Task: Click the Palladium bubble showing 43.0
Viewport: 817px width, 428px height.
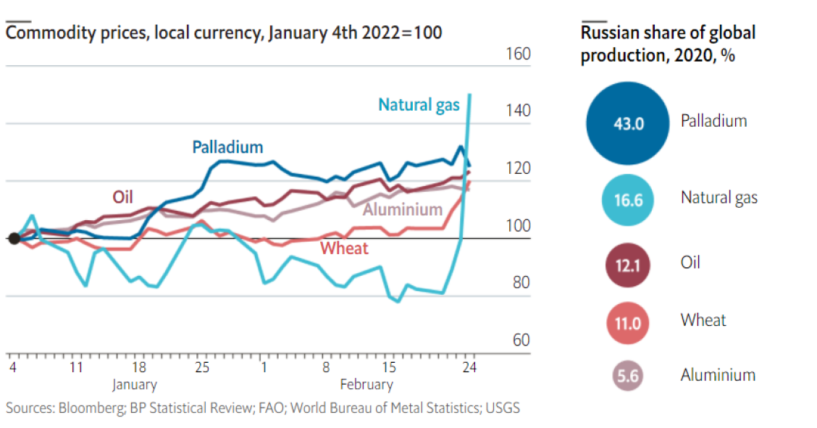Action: click(628, 122)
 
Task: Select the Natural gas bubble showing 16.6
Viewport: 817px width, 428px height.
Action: click(628, 198)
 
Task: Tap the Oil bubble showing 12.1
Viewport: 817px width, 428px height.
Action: click(628, 264)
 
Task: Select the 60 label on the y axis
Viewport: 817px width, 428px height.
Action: click(521, 340)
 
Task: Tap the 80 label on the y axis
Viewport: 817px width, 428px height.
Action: click(521, 283)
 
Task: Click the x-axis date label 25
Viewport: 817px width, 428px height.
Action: click(201, 368)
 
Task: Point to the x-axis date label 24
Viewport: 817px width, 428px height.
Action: click(469, 368)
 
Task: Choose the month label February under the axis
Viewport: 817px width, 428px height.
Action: click(366, 385)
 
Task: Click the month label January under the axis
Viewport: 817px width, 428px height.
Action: click(134, 385)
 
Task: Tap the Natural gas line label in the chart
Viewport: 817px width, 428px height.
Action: click(419, 105)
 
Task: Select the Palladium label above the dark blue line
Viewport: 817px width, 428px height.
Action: click(227, 147)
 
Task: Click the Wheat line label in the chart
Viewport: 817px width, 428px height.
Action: click(344, 249)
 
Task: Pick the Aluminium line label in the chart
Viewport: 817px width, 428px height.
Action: click(402, 210)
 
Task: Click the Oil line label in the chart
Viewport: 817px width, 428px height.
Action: click(122, 197)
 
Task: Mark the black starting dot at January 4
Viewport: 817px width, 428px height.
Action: click(13, 239)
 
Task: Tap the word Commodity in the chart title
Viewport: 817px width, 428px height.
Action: click(43, 33)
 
